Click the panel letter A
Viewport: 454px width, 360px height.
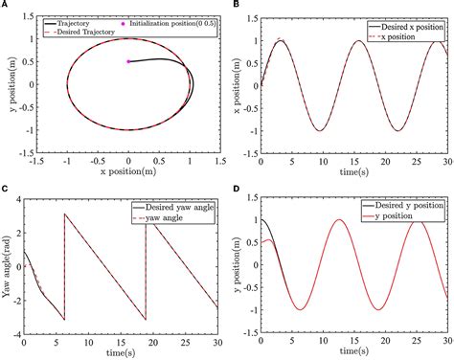point(5,6)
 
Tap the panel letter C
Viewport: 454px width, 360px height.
point(5,188)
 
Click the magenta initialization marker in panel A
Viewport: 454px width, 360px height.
point(129,61)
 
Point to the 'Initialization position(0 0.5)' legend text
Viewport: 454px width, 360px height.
point(178,20)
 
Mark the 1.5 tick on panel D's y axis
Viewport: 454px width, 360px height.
point(249,198)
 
